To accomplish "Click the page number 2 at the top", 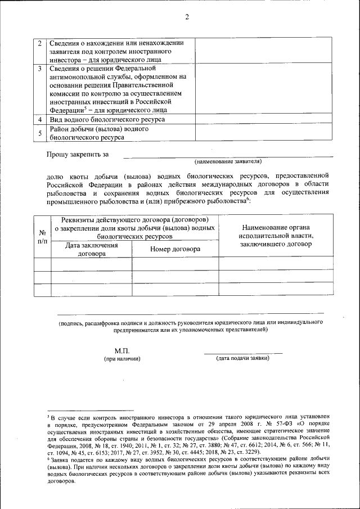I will [x=186, y=17].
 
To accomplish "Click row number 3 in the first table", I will [x=39, y=69].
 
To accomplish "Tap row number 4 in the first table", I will [x=39, y=120].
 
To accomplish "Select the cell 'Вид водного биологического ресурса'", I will [x=107, y=120].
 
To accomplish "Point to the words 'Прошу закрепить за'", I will [x=78, y=154].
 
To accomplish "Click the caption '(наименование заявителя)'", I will [x=228, y=161].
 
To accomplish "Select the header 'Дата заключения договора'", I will [x=92, y=249].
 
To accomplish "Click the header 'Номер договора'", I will [x=175, y=249].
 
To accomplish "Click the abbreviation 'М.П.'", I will [x=121, y=350].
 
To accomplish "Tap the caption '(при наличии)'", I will [x=121, y=358].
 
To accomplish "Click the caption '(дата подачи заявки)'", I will [x=243, y=358].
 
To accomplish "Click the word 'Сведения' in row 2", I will [x=65, y=43].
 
